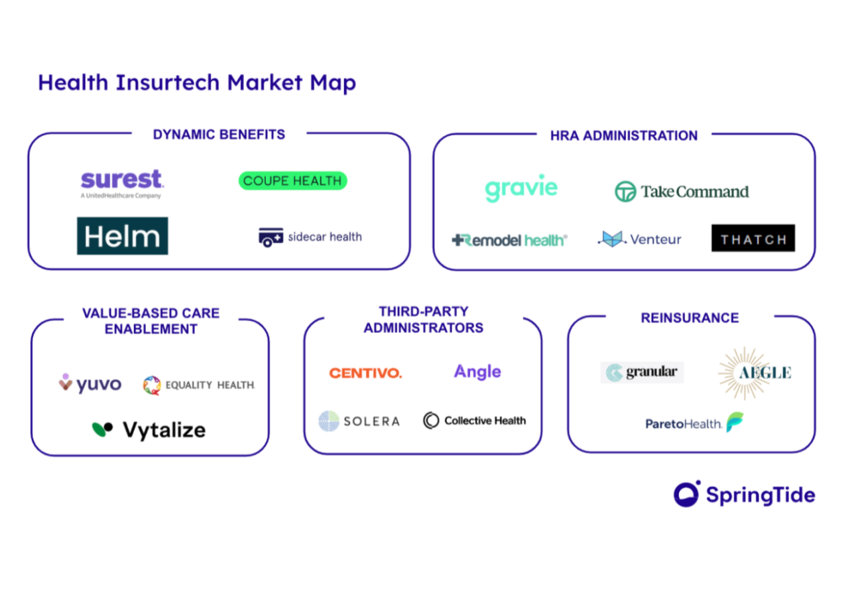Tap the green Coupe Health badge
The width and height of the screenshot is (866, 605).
coord(292,180)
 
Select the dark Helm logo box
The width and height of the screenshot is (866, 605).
coord(123,236)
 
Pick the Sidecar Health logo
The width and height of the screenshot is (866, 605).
coord(310,237)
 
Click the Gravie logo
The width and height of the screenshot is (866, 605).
coord(521,188)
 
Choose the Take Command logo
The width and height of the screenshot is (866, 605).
coord(682,192)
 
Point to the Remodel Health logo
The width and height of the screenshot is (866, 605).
coord(509,239)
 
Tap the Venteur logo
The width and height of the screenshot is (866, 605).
coord(639,239)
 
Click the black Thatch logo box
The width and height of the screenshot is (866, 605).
coord(753,238)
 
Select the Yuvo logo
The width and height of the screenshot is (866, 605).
coord(90,384)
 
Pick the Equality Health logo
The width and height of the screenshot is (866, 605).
coord(199,385)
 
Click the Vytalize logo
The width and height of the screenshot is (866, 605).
coord(149,429)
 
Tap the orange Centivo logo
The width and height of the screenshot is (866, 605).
coord(365,373)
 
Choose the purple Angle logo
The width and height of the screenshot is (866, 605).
coord(477,371)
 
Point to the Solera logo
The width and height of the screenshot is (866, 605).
coord(359,421)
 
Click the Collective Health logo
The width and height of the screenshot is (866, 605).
coord(475,421)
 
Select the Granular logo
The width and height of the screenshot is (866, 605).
coord(642,372)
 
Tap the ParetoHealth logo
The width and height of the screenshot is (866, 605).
coord(696,423)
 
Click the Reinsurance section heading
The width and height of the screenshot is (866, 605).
coord(690,318)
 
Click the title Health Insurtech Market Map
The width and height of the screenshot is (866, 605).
coord(197,83)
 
